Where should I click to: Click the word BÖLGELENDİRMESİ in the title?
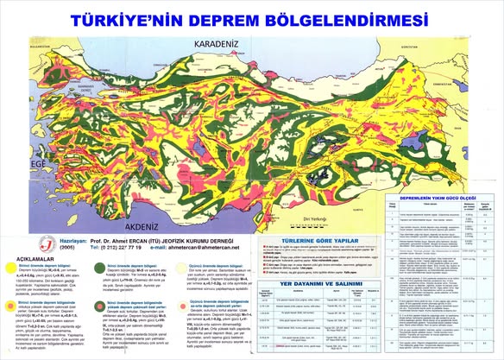tap(355, 18)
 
